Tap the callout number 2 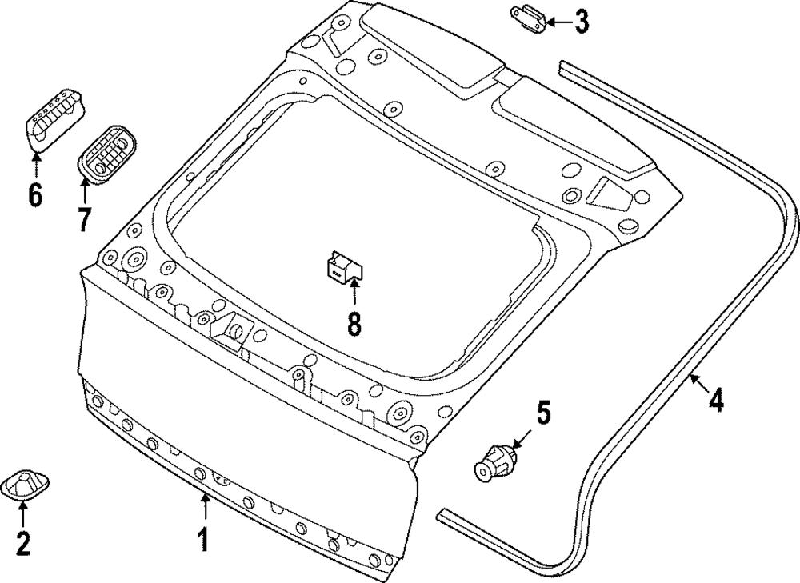pos(23,544)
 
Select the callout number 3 pos(582,22)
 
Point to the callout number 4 pos(716,399)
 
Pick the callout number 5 pos(543,413)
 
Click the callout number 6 pos(35,194)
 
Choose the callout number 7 pos(85,218)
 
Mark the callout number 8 pos(354,323)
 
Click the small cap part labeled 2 pos(26,485)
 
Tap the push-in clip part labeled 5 pos(494,464)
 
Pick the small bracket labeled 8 pos(344,264)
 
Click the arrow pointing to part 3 pos(558,22)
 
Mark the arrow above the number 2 pos(23,516)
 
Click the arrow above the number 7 pos(85,191)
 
